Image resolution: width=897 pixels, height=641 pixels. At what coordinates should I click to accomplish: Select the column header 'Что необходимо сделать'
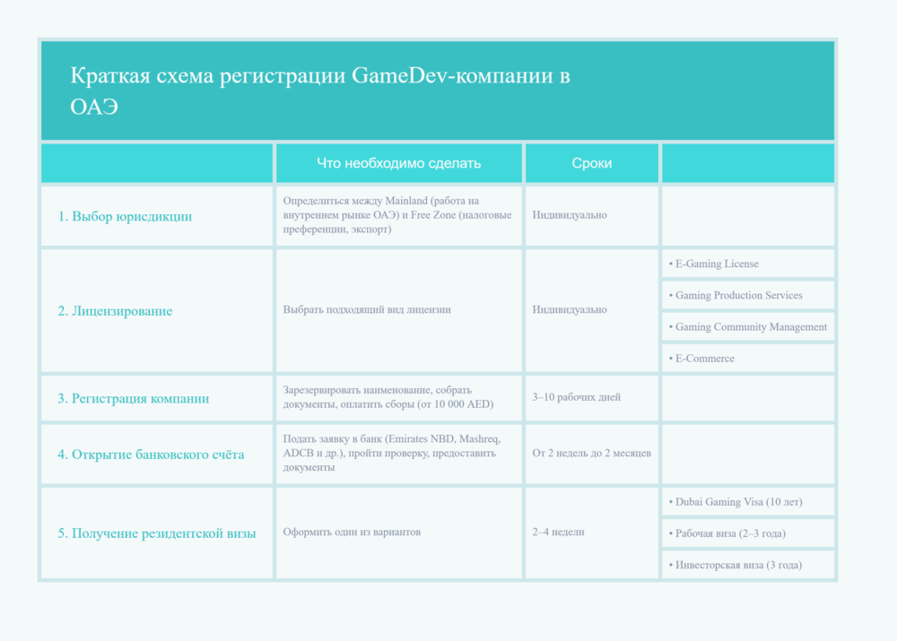[398, 163]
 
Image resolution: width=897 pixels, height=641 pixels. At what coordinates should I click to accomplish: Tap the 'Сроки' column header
[592, 163]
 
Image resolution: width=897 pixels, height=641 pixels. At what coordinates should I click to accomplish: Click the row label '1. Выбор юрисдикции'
[125, 216]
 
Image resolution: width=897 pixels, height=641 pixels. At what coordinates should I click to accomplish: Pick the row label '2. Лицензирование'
[115, 311]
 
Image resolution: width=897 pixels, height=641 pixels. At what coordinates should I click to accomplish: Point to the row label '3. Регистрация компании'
[133, 398]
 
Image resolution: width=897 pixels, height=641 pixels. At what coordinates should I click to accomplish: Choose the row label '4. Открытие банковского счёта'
[151, 455]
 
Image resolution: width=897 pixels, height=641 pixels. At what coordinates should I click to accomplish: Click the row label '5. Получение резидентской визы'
[157, 533]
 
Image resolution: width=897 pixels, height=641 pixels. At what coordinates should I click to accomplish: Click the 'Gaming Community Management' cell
[748, 327]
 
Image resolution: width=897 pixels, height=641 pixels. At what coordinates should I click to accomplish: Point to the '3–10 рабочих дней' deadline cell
[576, 397]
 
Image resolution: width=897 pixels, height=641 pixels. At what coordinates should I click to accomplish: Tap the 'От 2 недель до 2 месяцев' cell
[591, 454]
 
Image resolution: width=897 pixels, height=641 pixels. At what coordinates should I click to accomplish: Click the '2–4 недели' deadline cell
[558, 532]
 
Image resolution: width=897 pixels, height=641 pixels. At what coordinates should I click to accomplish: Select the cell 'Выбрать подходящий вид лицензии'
[367, 309]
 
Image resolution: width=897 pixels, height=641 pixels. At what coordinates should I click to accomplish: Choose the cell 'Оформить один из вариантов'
[352, 532]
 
